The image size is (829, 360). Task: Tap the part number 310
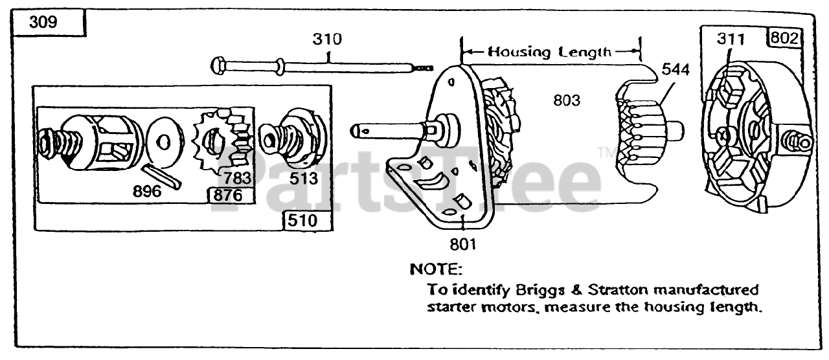pyautogui.click(x=328, y=39)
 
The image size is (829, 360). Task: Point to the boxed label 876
pyautogui.click(x=229, y=194)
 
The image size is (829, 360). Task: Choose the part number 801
pyautogui.click(x=463, y=245)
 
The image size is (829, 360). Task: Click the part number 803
pyautogui.click(x=566, y=100)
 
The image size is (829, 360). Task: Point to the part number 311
pyautogui.click(x=730, y=39)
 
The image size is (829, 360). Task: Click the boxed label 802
pyautogui.click(x=783, y=38)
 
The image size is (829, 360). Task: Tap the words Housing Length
pyautogui.click(x=549, y=52)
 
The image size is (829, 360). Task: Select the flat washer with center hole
pyautogui.click(x=164, y=141)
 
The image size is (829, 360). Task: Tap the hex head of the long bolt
pyautogui.click(x=218, y=65)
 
